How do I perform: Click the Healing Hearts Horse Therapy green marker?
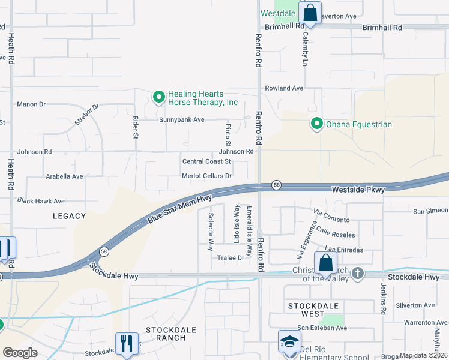(159, 97)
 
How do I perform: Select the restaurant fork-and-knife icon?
(126, 343)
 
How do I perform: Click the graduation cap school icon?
(289, 341)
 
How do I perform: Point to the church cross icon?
(358, 274)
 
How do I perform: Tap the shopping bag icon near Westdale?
(310, 12)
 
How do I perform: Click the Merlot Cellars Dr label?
(206, 176)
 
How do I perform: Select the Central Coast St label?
(206, 161)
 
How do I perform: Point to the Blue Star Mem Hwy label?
(180, 210)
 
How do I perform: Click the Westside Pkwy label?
(358, 189)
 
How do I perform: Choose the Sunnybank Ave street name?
(182, 119)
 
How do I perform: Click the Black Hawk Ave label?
(41, 201)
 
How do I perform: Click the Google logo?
(20, 353)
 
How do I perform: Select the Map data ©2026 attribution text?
(423, 355)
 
